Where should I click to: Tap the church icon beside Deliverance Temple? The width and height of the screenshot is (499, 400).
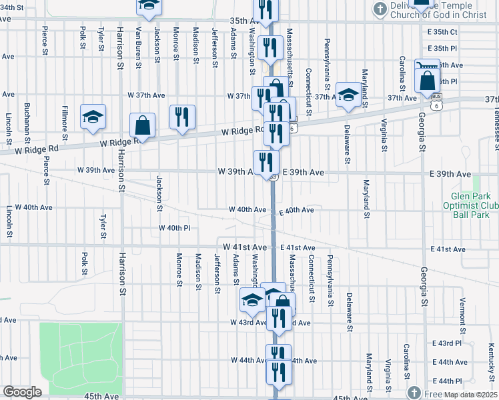click(380, 9)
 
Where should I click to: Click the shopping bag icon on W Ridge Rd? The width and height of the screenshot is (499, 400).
click(143, 125)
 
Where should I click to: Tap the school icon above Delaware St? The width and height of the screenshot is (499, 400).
click(348, 95)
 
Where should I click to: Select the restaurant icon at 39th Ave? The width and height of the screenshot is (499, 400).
click(266, 162)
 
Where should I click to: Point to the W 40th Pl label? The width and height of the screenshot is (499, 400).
click(175, 228)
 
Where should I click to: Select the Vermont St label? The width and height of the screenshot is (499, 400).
click(462, 311)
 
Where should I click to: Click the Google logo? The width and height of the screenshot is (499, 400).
click(22, 392)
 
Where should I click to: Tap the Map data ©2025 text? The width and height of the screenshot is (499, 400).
click(461, 393)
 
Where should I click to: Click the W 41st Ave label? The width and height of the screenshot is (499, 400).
click(245, 247)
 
